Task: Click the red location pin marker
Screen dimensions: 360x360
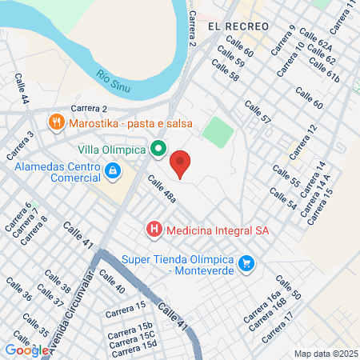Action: click(x=181, y=163)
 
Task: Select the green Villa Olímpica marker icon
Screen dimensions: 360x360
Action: click(x=158, y=149)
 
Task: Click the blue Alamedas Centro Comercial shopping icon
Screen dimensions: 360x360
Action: click(x=113, y=170)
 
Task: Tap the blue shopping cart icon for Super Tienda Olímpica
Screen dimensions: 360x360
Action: click(x=246, y=262)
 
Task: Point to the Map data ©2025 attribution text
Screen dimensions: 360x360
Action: click(x=325, y=354)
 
